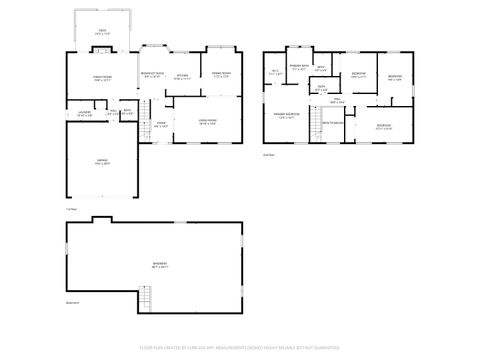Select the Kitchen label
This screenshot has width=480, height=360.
(x=182, y=76)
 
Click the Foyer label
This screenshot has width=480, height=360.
(x=160, y=124)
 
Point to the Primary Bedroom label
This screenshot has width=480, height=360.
(x=288, y=115)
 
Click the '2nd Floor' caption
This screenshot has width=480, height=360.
(x=268, y=155)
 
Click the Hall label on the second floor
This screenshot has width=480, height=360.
(x=338, y=101)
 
